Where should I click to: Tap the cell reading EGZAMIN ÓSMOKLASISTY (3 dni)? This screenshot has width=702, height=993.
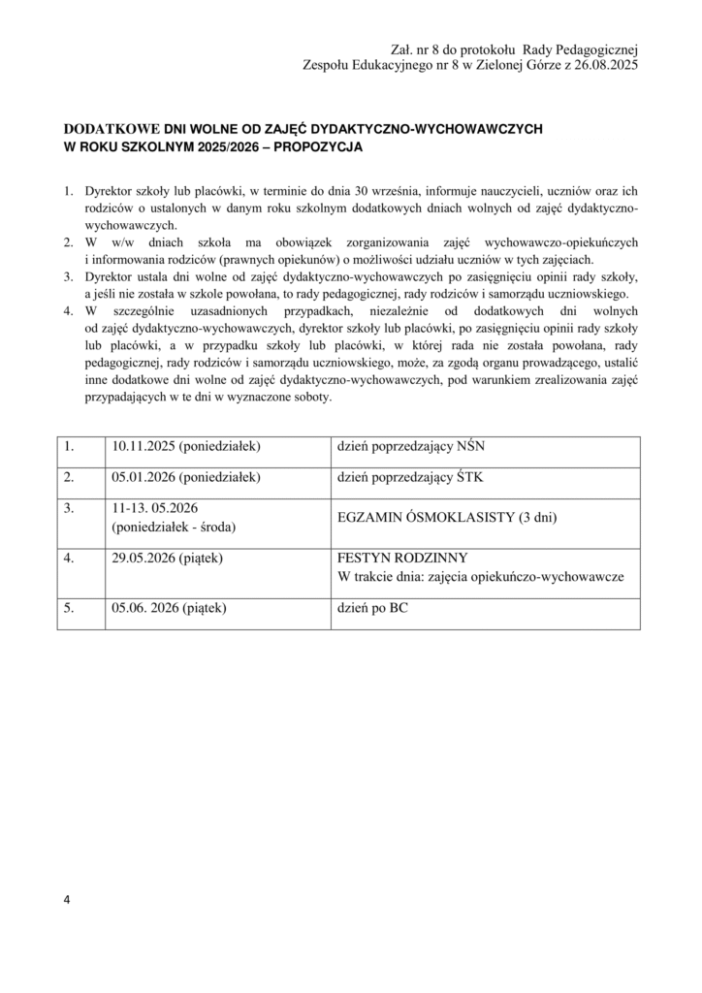447,517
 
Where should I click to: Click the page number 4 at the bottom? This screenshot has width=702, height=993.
67,900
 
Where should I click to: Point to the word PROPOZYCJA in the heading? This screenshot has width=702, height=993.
318,148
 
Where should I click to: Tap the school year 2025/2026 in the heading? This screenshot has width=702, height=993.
224,148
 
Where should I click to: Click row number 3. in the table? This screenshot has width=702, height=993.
70,507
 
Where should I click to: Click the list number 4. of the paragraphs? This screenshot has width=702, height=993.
69,311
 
